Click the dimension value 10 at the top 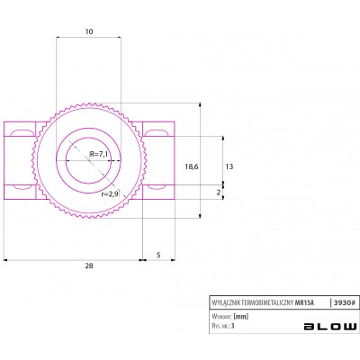coord(89,31)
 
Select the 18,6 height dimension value coord(192,166)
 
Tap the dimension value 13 coord(229,166)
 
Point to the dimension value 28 coord(89,265)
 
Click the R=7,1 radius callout coord(99,154)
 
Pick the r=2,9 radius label coord(110,194)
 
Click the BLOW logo coord(330,327)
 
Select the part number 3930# coord(345,303)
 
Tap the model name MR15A coord(305,303)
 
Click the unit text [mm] coord(241,317)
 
